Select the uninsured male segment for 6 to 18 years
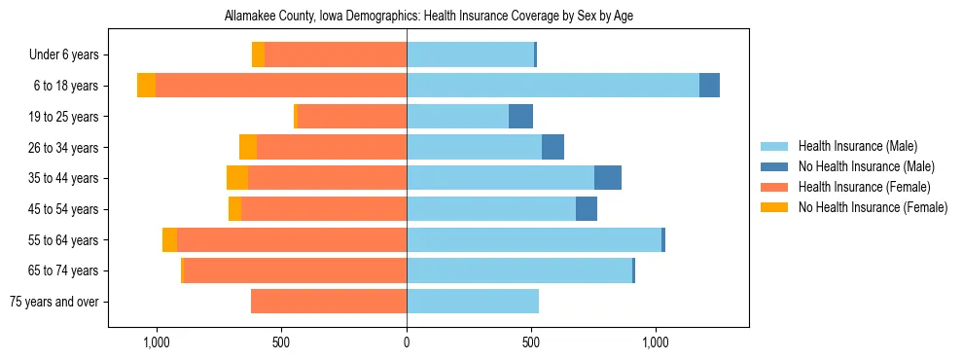(709, 86)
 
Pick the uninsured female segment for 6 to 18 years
(146, 86)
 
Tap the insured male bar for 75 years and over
(473, 302)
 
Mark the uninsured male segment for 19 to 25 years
(520, 117)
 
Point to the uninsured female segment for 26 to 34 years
(248, 147)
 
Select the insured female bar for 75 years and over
(329, 302)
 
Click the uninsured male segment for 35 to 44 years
(608, 178)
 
